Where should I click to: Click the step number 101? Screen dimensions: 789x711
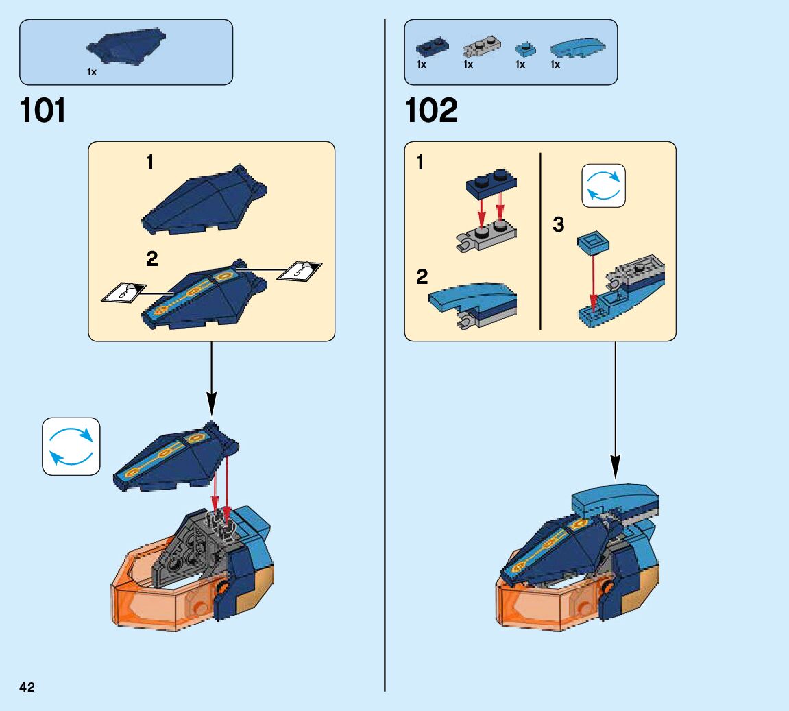click(44, 111)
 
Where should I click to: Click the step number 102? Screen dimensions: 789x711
click(431, 111)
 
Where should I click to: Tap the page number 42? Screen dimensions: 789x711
click(27, 688)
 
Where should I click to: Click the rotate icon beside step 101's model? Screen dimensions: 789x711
click(71, 446)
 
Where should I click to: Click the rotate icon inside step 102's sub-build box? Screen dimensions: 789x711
click(603, 185)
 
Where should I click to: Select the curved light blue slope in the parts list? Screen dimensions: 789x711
click(577, 48)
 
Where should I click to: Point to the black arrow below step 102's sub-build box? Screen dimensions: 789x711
click(615, 411)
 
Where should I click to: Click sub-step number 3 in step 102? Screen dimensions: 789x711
click(559, 224)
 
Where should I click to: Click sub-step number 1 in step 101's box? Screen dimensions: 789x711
click(150, 162)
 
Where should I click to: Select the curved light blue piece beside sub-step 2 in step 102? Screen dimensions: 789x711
click(473, 302)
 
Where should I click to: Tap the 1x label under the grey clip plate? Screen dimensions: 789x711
click(468, 64)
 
